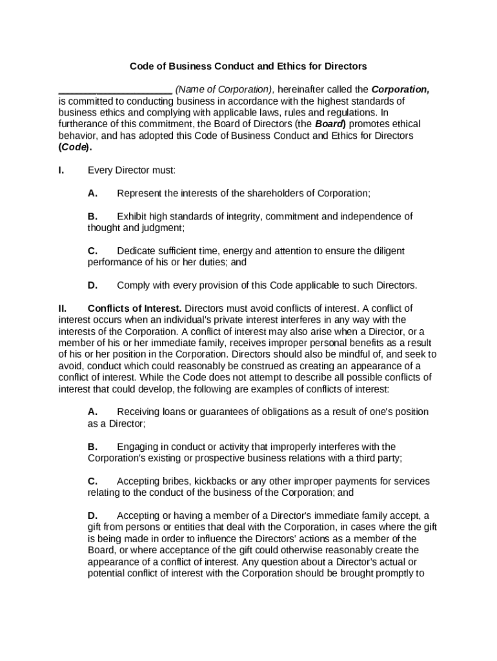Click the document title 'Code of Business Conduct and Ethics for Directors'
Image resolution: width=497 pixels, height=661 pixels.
click(x=249, y=66)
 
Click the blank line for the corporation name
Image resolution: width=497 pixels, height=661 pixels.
click(x=115, y=90)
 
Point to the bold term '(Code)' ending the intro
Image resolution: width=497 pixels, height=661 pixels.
click(x=75, y=147)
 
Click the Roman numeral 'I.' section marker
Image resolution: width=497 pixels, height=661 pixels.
click(x=61, y=170)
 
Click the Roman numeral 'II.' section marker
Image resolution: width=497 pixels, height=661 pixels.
click(x=63, y=308)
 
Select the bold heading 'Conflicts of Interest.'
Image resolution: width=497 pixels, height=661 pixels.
click(x=135, y=308)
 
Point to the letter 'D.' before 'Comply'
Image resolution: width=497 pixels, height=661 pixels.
click(x=93, y=285)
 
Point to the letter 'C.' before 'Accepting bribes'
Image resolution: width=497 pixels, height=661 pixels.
click(x=93, y=482)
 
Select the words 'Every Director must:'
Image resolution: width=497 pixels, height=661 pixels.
click(x=132, y=170)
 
